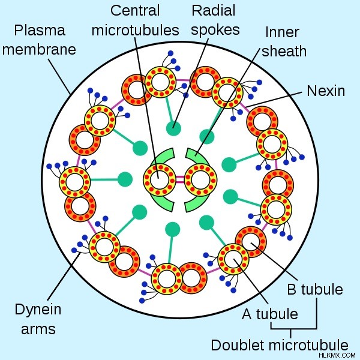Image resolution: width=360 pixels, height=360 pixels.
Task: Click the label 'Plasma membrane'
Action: tap(39, 40)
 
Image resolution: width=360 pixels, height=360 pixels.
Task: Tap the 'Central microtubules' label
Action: tap(135, 20)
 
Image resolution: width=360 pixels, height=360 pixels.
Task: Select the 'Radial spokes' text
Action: tap(215, 20)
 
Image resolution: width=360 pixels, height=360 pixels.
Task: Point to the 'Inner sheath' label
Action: tap(284, 41)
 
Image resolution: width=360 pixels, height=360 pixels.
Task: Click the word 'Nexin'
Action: tap(326, 91)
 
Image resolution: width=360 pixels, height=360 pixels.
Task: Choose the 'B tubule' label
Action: tap(315, 289)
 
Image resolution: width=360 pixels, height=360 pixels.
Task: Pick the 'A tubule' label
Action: tap(270, 314)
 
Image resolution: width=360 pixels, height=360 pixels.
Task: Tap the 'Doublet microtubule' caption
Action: tap(280, 346)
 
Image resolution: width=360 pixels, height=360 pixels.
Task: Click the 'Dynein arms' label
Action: tap(38, 319)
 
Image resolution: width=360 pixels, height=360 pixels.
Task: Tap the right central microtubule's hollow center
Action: tap(201, 179)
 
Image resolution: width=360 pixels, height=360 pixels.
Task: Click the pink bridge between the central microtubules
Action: tap(180, 179)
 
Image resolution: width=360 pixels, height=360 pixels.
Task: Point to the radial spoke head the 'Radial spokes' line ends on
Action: tap(173, 128)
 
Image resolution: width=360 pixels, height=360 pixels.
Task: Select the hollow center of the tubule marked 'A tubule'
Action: tap(233, 259)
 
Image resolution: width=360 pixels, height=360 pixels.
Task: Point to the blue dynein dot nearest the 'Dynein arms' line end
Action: tap(74, 250)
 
